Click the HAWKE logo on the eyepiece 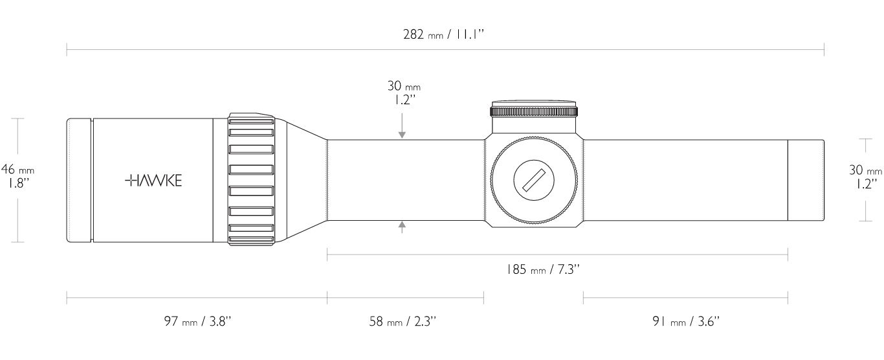coord(153,181)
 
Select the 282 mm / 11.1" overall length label coord(443,34)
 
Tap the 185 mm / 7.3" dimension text coord(543,269)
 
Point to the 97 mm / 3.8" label coord(197,321)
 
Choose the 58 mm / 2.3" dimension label coord(403,321)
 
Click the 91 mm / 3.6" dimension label coord(686,321)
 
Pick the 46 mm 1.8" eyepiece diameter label coord(17,176)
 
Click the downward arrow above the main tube coord(402,126)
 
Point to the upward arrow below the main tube coord(402,227)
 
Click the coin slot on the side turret coord(533,181)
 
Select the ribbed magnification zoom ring coord(251,179)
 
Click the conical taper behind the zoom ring coord(301,180)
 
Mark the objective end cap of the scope coord(806,180)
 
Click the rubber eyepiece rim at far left coord(80,180)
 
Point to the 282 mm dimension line coord(445,50)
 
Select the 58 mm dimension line coord(405,298)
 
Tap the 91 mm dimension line coord(685,298)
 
